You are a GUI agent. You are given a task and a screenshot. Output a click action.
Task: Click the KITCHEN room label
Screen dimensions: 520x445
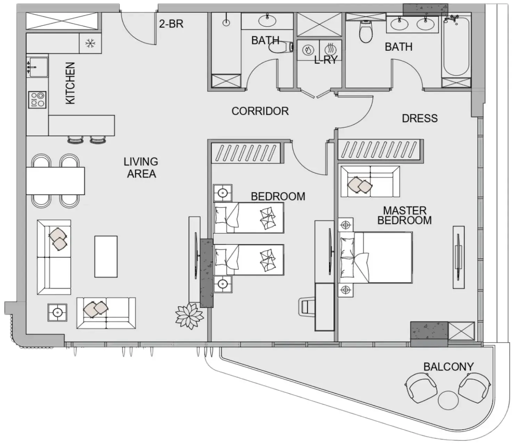click(x=70, y=83)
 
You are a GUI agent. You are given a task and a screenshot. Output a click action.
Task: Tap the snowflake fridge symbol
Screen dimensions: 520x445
click(x=90, y=43)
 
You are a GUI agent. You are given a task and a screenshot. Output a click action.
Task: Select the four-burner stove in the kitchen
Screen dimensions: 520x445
click(x=37, y=100)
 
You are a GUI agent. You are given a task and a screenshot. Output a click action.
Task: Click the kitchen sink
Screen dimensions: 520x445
click(x=38, y=67)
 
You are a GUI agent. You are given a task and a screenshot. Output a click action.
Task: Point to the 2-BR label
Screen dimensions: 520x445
click(x=171, y=24)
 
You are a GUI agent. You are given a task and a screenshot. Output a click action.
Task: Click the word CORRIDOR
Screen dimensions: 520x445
click(x=260, y=111)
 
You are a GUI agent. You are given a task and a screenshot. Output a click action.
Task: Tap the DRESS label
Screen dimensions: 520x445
click(x=420, y=118)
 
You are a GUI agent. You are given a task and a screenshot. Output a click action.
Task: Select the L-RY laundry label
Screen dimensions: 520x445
click(x=326, y=60)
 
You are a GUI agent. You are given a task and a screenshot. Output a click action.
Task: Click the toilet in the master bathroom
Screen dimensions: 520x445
click(x=366, y=32)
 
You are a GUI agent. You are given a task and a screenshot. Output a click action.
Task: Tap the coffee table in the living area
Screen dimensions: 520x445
click(x=106, y=257)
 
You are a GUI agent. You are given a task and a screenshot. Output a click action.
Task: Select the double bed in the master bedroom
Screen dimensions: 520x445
click(x=375, y=258)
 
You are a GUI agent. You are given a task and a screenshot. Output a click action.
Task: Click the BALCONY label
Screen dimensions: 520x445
click(x=448, y=367)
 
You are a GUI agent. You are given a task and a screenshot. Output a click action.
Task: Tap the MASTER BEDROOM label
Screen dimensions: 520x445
click(x=405, y=215)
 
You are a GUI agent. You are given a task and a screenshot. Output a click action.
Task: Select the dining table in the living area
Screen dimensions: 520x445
click(x=55, y=181)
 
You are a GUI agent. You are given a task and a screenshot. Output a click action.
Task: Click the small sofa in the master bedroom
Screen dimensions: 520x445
click(x=370, y=181)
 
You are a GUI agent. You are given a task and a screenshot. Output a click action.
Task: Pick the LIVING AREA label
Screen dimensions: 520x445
click(x=141, y=168)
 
